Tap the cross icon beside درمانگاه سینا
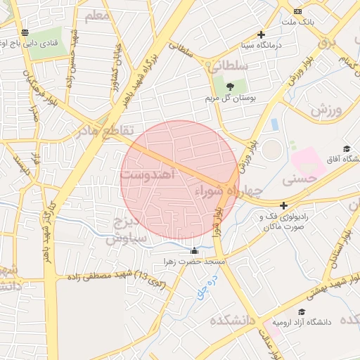tap(262, 34)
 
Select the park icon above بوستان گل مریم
tap(231, 86)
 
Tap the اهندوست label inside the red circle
tap(147, 176)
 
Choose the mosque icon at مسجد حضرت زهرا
tap(195, 251)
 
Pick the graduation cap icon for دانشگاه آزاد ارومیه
tap(302, 311)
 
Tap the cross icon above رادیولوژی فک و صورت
tap(283, 206)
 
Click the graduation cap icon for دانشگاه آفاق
tap(347, 148)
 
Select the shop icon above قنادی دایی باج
tap(25, 32)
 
